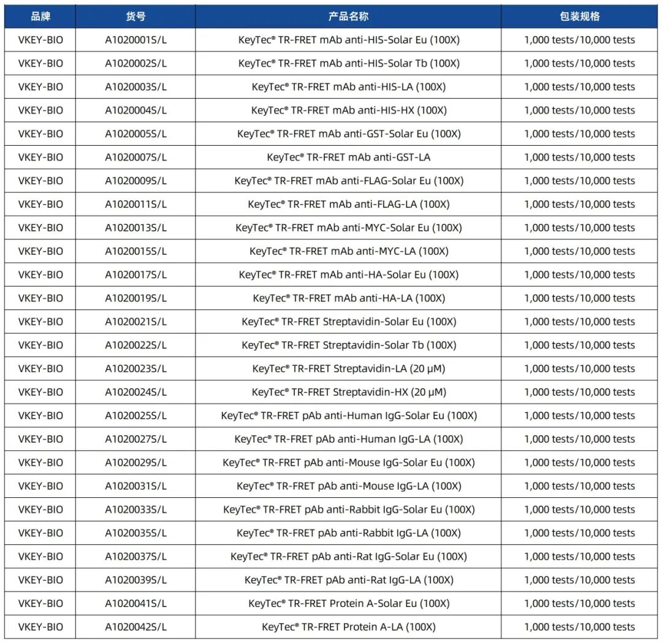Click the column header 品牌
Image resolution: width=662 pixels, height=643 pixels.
point(40,17)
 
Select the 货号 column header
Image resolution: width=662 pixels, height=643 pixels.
point(135,17)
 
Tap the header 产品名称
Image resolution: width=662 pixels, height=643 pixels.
point(348,17)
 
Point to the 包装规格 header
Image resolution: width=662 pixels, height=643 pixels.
point(579,17)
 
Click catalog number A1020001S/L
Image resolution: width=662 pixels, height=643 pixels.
point(135,40)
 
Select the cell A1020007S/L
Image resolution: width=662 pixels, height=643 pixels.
point(135,157)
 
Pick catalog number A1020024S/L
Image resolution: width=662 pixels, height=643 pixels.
point(135,392)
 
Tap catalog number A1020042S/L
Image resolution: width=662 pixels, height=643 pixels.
point(135,626)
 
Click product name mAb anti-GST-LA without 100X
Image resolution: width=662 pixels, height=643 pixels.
point(348,157)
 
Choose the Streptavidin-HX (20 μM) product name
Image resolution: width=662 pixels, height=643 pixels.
point(348,392)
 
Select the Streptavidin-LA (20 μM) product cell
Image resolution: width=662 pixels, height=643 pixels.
point(348,369)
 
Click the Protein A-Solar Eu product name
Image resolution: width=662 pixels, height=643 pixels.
point(348,603)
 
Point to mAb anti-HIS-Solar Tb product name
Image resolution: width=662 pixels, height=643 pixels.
point(348,63)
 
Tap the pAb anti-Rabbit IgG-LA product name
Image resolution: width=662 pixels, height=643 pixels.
point(348,533)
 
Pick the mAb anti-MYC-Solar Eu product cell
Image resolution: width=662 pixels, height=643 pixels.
point(348,228)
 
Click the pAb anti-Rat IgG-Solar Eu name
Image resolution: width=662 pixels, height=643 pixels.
point(348,556)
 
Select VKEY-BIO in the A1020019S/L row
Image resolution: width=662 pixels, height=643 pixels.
point(40,298)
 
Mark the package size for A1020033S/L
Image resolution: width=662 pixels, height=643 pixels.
point(579,510)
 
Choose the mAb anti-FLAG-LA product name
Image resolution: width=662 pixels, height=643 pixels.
point(348,204)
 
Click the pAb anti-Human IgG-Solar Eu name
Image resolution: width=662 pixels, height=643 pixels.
point(348,415)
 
